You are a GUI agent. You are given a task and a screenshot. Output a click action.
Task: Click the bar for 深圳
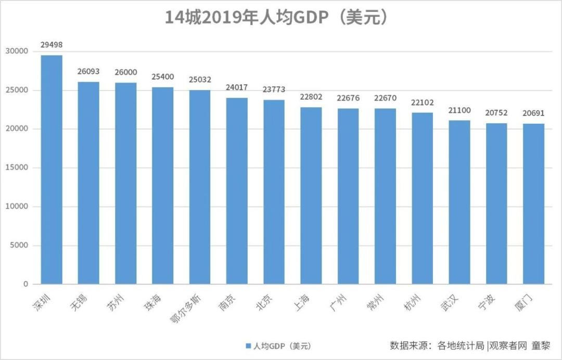point(52,170)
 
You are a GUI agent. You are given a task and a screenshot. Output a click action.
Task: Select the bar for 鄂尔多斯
point(200,187)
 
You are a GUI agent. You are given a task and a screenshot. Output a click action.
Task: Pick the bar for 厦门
point(533,204)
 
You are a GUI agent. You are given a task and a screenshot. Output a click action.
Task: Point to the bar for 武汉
point(459,202)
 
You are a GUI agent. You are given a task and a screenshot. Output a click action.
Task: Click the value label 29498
point(52,45)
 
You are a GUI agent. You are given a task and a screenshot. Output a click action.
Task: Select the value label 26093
point(88,71)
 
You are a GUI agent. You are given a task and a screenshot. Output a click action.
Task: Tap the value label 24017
point(237,87)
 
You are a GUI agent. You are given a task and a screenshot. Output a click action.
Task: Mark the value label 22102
point(422,102)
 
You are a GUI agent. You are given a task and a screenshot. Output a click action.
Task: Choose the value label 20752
point(496,113)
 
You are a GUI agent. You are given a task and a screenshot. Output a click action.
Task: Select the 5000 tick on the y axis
point(19,246)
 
